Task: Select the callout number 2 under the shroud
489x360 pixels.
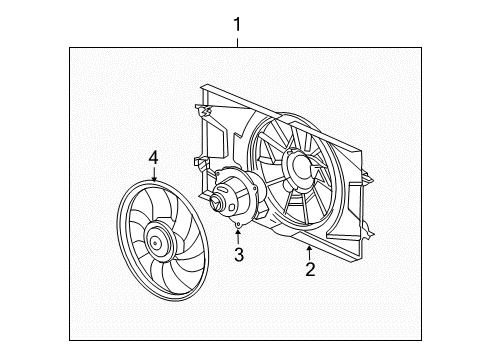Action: point(310,268)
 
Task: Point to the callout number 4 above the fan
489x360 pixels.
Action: point(154,156)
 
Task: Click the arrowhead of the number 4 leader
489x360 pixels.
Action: point(154,179)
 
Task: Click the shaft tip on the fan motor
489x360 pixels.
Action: point(213,204)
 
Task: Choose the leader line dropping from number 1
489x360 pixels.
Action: point(237,39)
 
